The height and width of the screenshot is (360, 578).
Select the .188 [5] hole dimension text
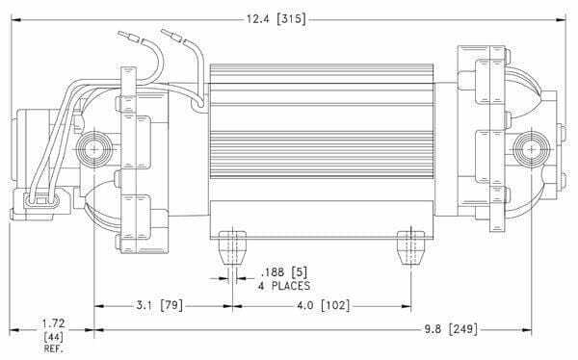pos(278,272)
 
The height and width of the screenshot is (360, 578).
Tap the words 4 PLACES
pos(283,286)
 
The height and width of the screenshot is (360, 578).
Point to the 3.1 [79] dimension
pos(158,305)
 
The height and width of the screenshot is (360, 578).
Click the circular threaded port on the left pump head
pos(95,150)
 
